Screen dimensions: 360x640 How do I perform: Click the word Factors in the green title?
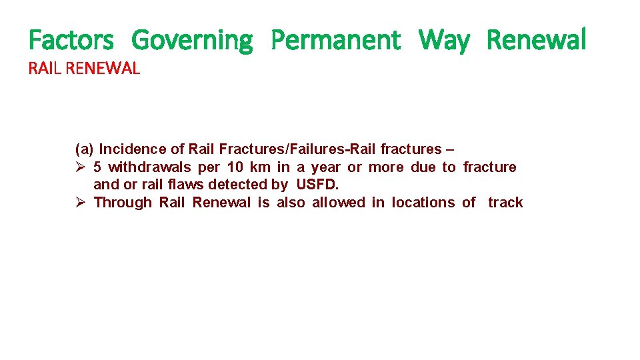pyautogui.click(x=71, y=40)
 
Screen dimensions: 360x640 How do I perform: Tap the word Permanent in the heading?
pyautogui.click(x=336, y=40)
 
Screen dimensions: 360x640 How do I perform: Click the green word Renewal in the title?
pyautogui.click(x=537, y=40)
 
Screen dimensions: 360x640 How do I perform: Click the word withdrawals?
pyautogui.click(x=149, y=167)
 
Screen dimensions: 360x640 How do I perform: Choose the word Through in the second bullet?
pyautogui.click(x=123, y=202)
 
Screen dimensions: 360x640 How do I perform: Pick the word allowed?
pyautogui.click(x=339, y=202)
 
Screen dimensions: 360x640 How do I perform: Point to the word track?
pyautogui.click(x=505, y=202)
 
